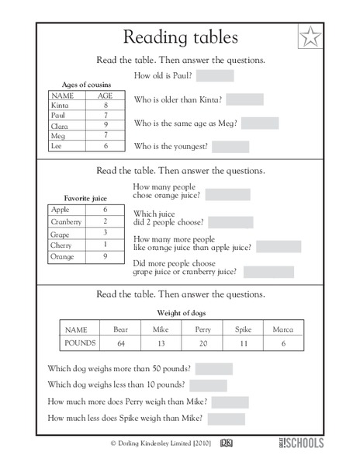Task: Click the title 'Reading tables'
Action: tap(180, 37)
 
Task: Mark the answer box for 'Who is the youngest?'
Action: tap(230, 146)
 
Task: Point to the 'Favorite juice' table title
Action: tap(86, 197)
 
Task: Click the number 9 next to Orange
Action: tap(105, 256)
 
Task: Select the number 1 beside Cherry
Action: tap(105, 245)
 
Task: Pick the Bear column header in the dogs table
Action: tap(120, 329)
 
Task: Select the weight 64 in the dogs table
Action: tap(120, 343)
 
